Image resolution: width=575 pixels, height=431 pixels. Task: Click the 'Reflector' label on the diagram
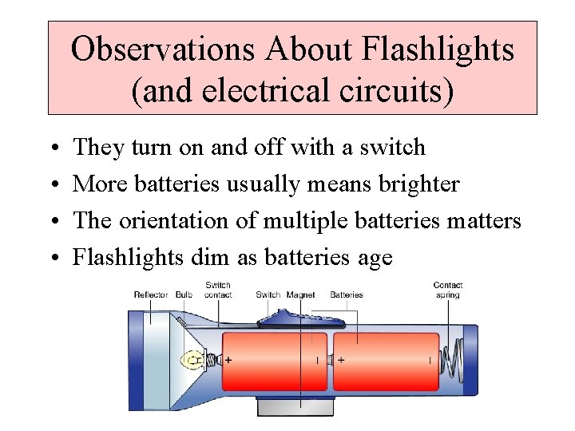(150, 295)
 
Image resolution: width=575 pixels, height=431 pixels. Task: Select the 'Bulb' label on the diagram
(184, 295)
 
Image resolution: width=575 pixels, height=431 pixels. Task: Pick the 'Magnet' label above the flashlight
(300, 295)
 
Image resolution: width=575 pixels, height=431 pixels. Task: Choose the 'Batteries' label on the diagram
(346, 295)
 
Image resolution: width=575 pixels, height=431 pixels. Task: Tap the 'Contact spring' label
(448, 290)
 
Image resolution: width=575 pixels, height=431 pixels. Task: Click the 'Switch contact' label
(218, 290)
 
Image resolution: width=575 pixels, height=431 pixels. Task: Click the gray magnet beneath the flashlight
(295, 406)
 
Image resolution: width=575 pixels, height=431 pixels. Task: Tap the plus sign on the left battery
(229, 360)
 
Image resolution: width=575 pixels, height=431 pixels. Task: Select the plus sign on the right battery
(341, 360)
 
